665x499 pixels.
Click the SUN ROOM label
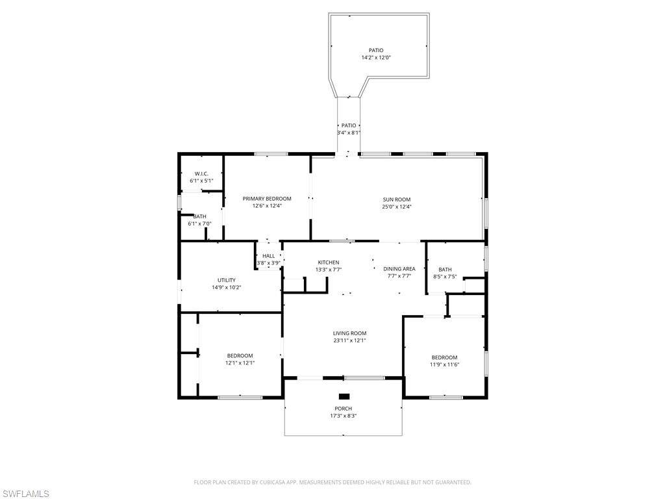click(396, 199)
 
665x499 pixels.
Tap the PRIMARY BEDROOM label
click(267, 198)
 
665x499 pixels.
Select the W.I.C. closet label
click(201, 173)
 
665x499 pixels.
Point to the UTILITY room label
click(227, 280)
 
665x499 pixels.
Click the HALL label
click(268, 256)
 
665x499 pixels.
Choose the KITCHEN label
click(328, 262)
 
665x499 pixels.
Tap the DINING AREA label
click(399, 268)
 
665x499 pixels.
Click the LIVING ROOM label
click(349, 333)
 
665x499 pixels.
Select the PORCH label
click(343, 409)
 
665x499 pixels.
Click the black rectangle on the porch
click(344, 396)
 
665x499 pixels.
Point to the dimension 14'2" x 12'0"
click(376, 58)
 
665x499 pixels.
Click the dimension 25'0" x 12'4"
click(396, 207)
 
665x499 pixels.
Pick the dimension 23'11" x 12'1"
click(349, 340)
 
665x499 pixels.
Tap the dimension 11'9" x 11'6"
click(444, 365)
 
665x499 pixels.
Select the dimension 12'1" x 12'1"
click(240, 363)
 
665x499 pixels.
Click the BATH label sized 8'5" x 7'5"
click(445, 269)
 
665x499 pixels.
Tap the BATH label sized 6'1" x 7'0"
click(199, 216)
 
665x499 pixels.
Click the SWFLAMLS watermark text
click(25, 494)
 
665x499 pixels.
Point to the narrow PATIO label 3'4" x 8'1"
click(349, 125)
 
